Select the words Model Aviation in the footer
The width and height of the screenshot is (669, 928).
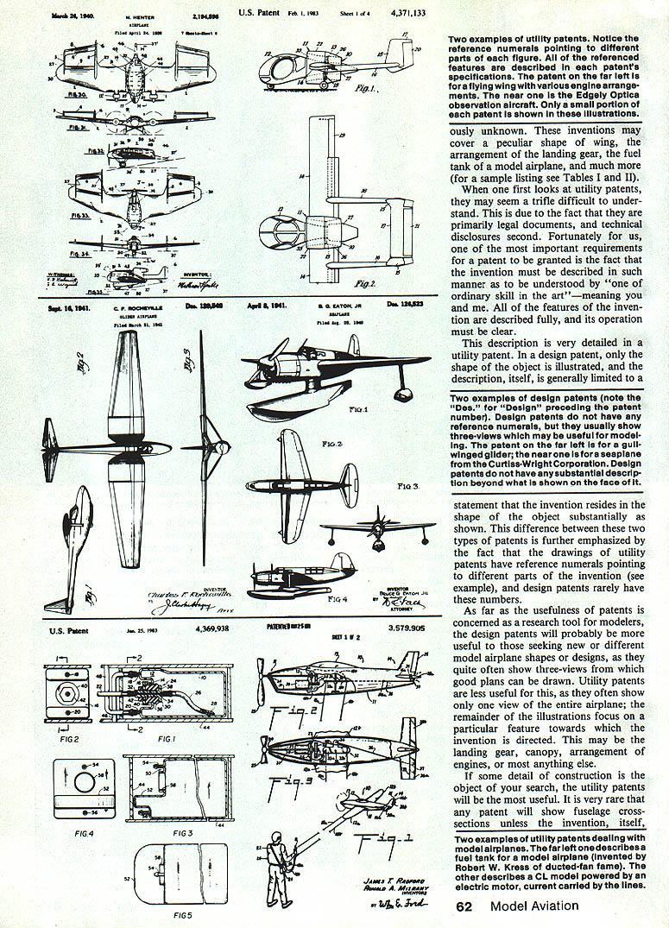[534, 906]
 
